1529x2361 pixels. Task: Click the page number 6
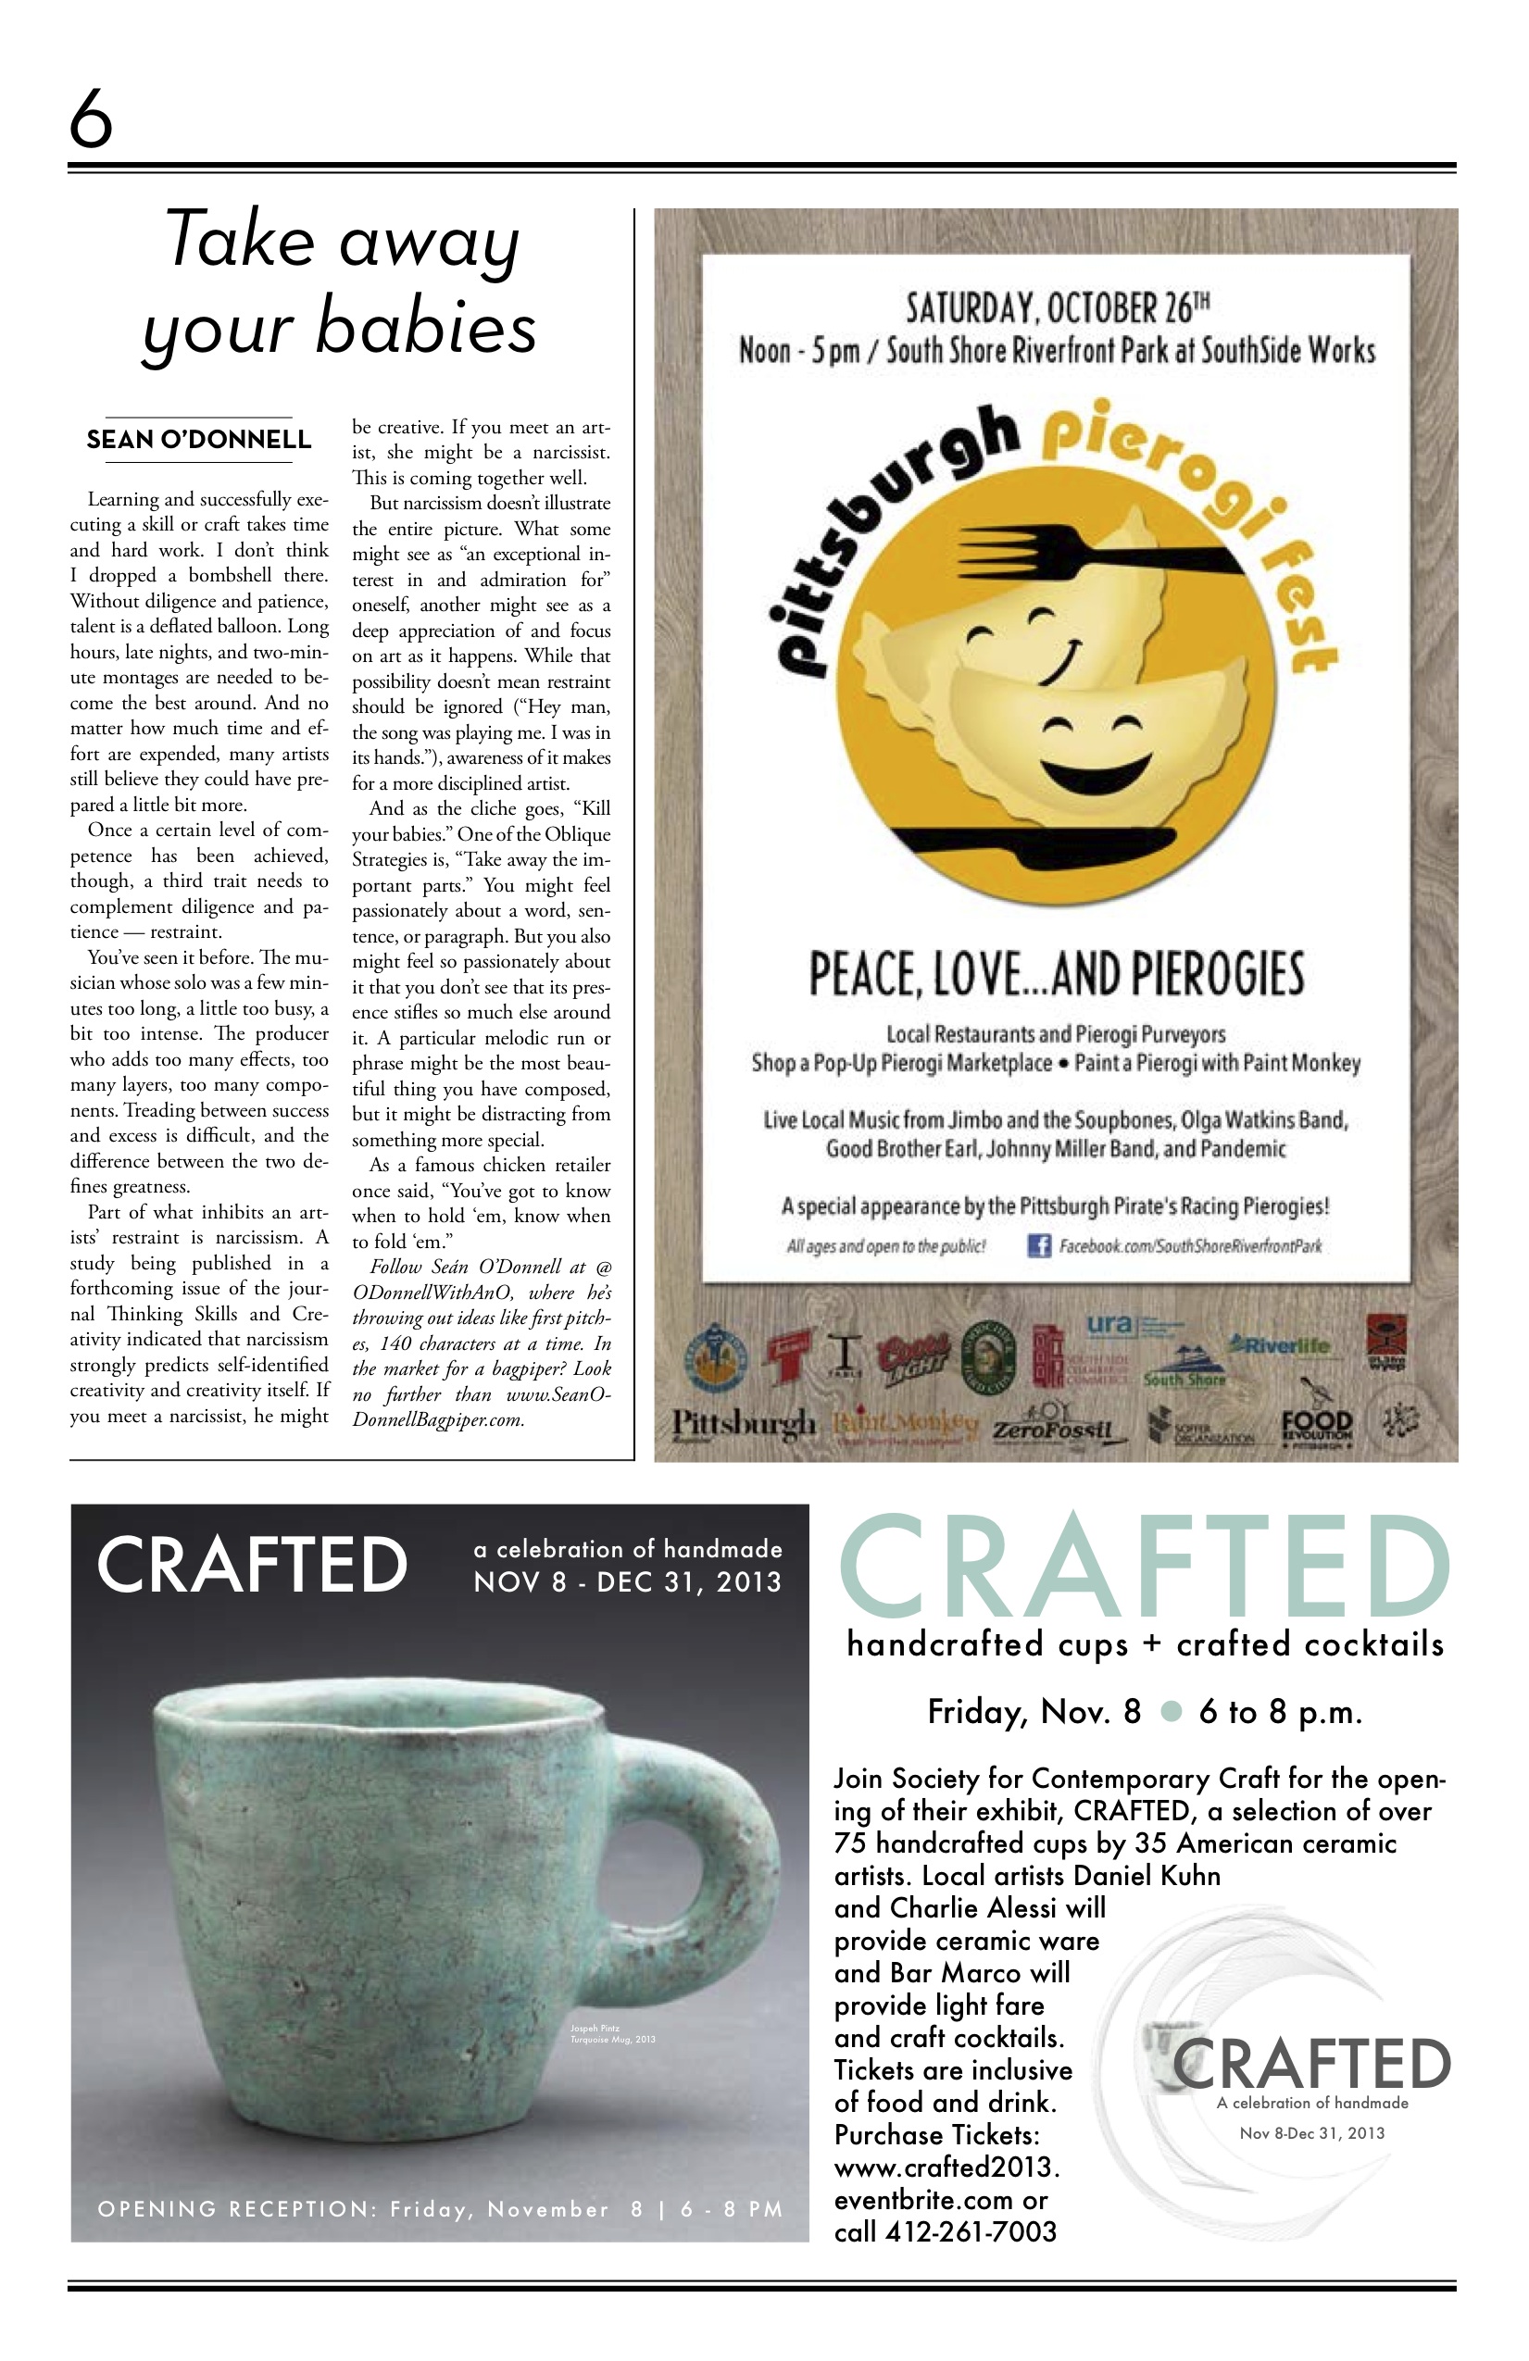[x=90, y=117]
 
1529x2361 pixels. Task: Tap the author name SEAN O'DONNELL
[x=198, y=440]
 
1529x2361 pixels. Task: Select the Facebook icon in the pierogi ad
[x=1038, y=1245]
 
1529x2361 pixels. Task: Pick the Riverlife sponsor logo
[x=1281, y=1346]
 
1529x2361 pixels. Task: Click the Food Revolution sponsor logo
[x=1316, y=1428]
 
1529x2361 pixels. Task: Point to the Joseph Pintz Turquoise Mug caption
[x=612, y=2033]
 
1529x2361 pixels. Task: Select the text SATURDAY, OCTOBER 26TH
[x=1057, y=307]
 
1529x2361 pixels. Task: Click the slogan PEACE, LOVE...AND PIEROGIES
[x=1056, y=974]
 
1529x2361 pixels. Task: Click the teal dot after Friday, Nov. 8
[x=1171, y=1711]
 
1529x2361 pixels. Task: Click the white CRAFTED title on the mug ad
[x=252, y=1565]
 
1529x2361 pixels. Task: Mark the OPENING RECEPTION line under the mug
[x=440, y=2208]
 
